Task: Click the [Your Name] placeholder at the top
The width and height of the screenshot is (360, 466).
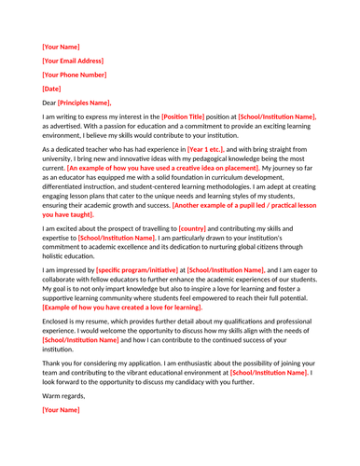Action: tap(62, 46)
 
